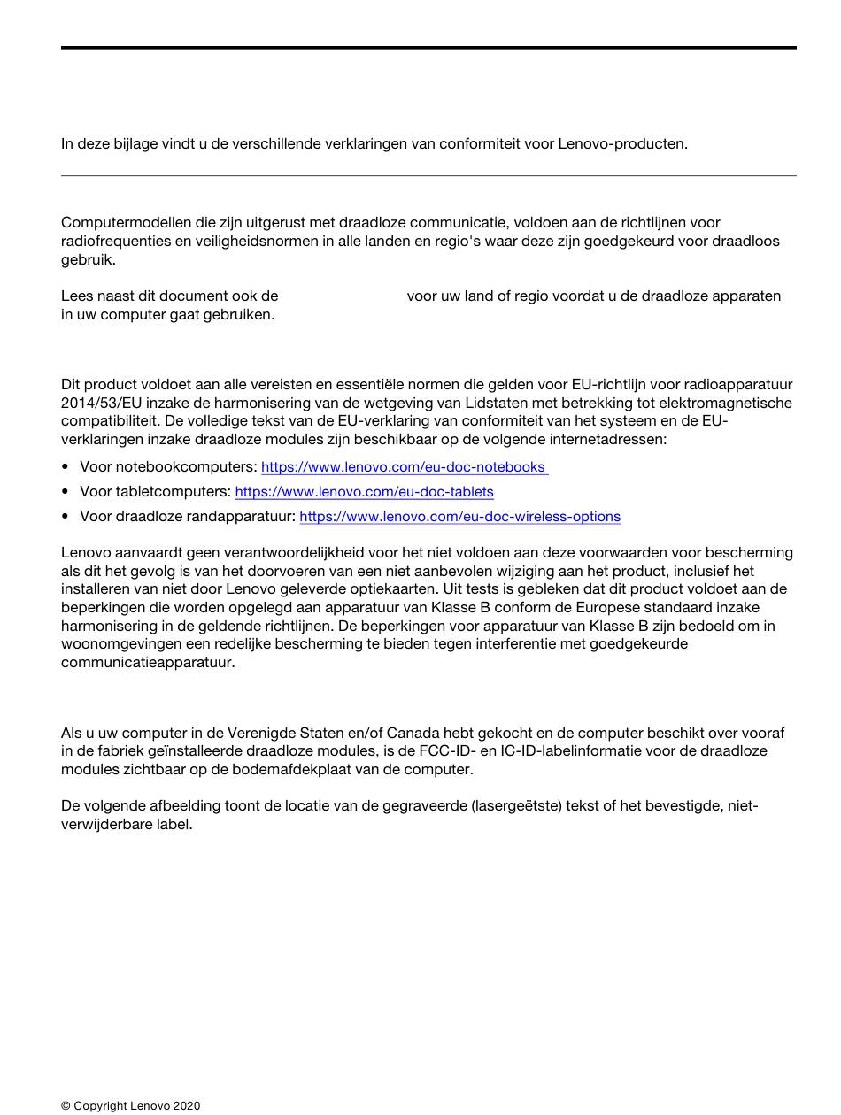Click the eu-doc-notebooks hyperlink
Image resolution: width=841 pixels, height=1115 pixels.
click(x=404, y=466)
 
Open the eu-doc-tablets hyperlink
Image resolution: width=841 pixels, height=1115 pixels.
click(x=364, y=491)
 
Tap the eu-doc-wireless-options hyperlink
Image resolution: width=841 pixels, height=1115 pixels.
click(x=459, y=516)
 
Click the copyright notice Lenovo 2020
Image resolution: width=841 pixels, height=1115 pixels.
click(x=131, y=1105)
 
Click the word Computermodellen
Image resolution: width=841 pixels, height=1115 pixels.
click(x=119, y=222)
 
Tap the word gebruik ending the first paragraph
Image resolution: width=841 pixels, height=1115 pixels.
click(x=87, y=259)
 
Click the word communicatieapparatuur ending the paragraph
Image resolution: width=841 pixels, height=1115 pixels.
click(x=147, y=662)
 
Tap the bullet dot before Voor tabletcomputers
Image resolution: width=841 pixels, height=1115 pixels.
click(x=66, y=491)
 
